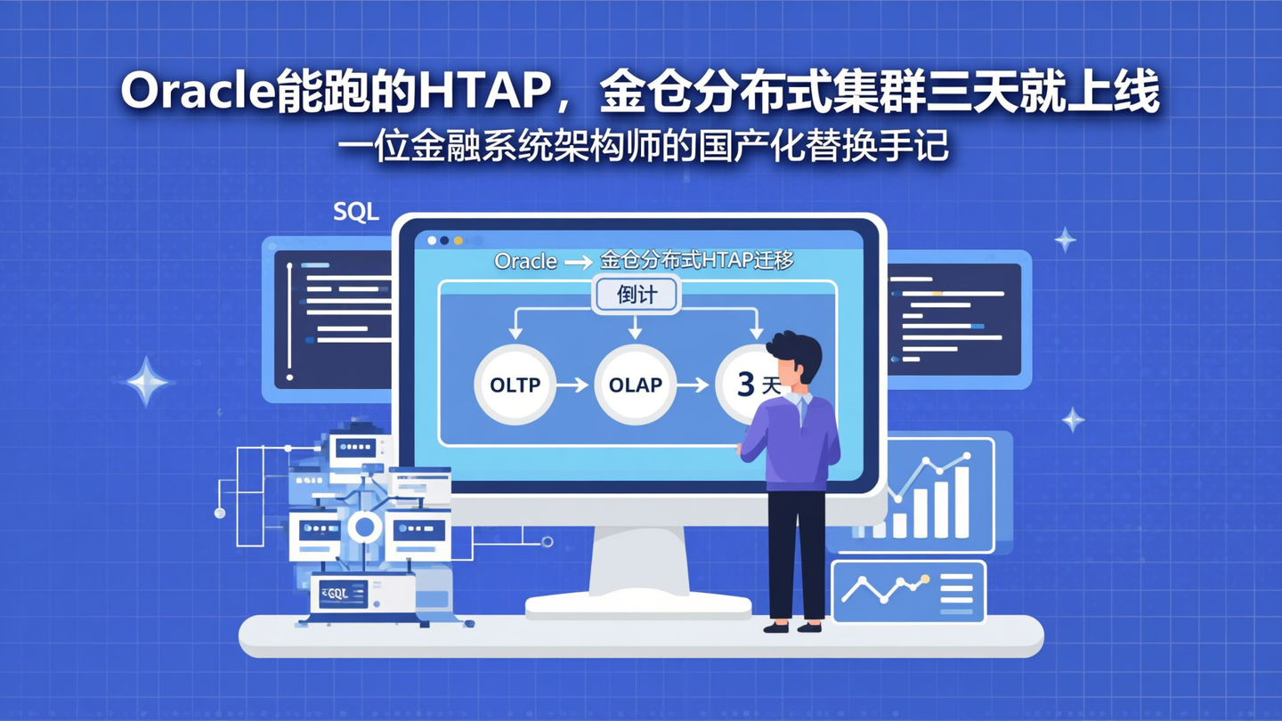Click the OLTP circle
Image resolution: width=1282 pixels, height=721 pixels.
(515, 385)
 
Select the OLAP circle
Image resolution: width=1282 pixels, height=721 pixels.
(635, 385)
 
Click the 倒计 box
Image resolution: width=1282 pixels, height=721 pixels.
(636, 295)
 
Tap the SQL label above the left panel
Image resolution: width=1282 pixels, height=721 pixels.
(356, 212)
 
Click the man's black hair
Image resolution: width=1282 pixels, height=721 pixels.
(794, 349)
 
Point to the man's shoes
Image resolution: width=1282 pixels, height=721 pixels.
(792, 627)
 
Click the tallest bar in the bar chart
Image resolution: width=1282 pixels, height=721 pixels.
(961, 502)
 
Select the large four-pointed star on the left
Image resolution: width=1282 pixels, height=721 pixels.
(147, 382)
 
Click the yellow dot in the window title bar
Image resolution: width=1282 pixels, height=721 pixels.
(458, 240)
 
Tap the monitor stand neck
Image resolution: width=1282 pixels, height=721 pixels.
(637, 561)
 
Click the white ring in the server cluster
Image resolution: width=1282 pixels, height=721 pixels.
(364, 527)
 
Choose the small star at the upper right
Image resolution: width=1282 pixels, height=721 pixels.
(1065, 239)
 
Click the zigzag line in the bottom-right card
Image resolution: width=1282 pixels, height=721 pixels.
(886, 587)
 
